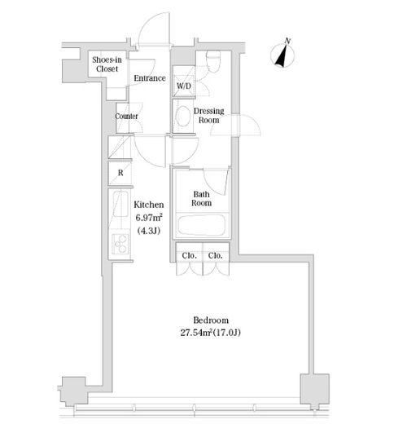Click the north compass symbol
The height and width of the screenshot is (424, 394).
[x=282, y=55]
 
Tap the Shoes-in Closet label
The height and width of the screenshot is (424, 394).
[x=107, y=64]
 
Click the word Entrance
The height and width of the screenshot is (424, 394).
[x=150, y=78]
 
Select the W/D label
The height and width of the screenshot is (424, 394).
[x=184, y=86]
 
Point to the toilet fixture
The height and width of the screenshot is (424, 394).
[x=213, y=61]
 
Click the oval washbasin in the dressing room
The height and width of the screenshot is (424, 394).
[x=183, y=116]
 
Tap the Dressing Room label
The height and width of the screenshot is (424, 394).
[x=208, y=115]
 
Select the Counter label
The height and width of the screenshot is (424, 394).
[x=126, y=117]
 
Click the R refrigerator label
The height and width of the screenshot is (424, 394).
[x=120, y=173]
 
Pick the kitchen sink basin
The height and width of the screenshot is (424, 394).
[x=120, y=204]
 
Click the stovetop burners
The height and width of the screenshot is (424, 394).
[x=120, y=244]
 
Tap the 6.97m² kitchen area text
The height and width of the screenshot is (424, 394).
[x=149, y=218]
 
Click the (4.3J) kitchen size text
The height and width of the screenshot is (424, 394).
[x=149, y=231]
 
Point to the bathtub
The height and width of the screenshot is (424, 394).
[x=202, y=225]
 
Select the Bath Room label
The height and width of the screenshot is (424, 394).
[x=201, y=199]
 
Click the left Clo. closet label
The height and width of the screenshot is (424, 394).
[x=189, y=256]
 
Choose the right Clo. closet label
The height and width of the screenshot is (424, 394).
[x=216, y=256]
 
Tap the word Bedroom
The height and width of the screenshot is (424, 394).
[x=211, y=320]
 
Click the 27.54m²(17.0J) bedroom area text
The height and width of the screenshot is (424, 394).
[x=211, y=333]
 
